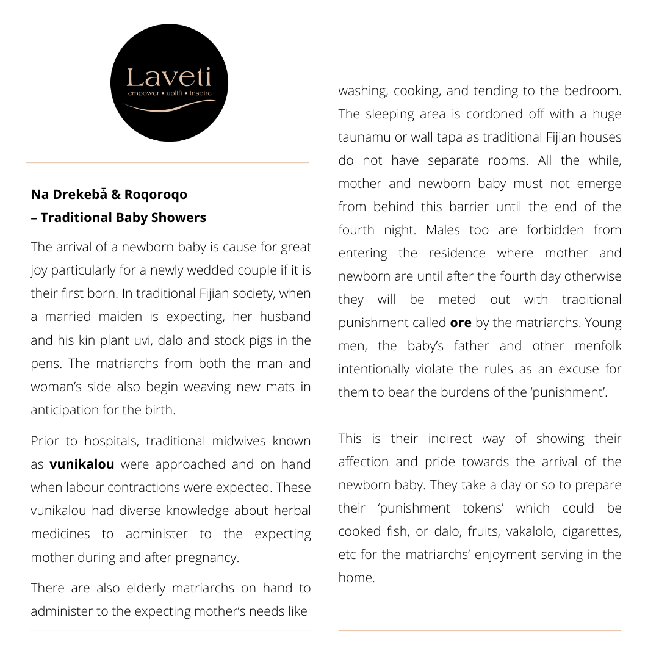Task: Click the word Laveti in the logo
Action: (x=169, y=78)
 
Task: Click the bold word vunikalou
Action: (x=82, y=464)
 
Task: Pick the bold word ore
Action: (x=461, y=323)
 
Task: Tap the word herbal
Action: (x=292, y=511)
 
